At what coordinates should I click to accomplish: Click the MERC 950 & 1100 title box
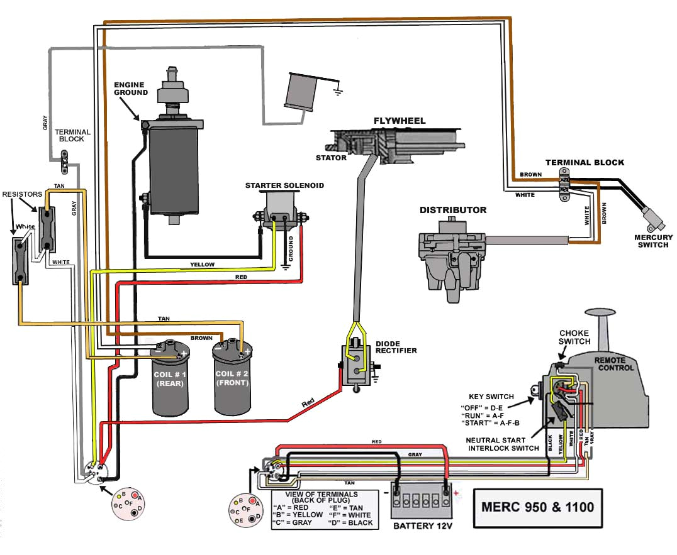point(537,507)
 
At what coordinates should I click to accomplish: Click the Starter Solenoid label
point(284,185)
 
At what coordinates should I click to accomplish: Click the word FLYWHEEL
point(400,121)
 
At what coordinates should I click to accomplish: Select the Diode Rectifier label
point(396,346)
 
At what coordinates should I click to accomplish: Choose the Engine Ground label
point(130,89)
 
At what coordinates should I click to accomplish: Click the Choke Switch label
point(575,337)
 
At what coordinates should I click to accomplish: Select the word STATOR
point(331,158)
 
